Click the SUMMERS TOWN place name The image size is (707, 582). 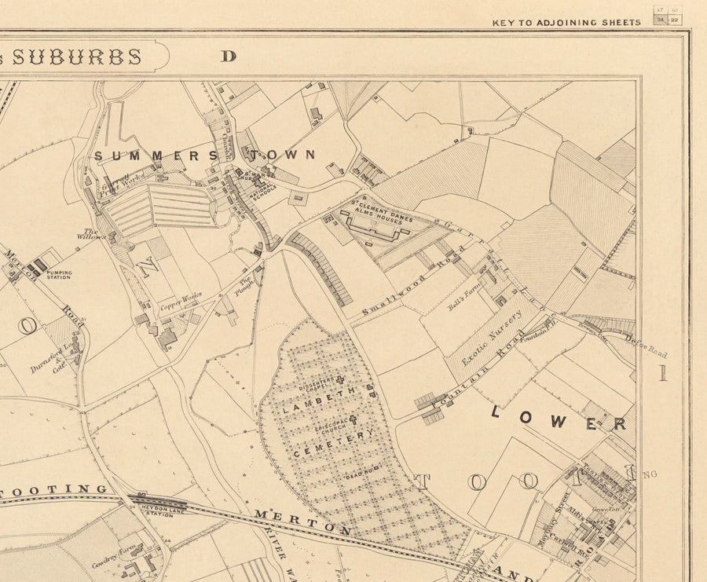[x=204, y=156]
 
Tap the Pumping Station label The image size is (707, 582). [x=59, y=275]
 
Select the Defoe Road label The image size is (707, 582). [x=646, y=346]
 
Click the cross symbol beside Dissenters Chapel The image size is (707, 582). [x=340, y=381]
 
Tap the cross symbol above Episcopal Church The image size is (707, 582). [x=353, y=419]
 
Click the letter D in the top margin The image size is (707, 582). [x=229, y=56]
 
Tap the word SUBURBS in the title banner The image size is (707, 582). [x=76, y=57]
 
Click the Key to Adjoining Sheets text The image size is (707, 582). [x=566, y=23]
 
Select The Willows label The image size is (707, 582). [x=87, y=232]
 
